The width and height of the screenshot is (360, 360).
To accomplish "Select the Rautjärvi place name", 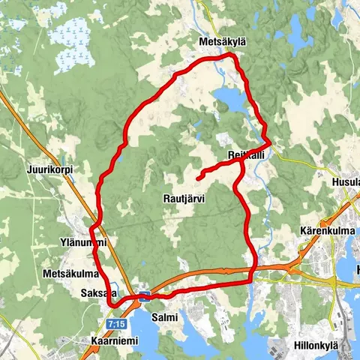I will coord(184,198).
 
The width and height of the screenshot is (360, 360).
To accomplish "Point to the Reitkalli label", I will coord(245,154).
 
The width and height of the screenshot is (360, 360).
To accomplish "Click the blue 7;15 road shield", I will coord(116,322).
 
